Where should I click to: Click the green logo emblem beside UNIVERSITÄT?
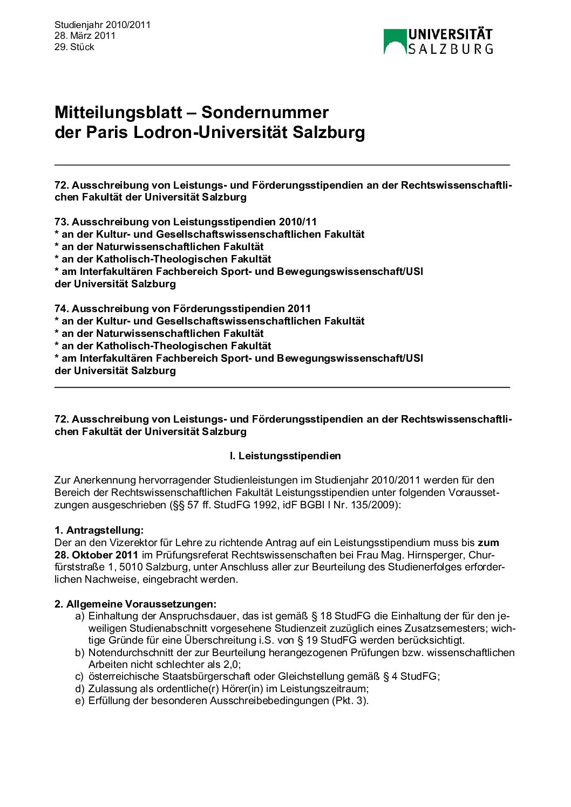(395, 42)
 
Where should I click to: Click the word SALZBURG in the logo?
(450, 49)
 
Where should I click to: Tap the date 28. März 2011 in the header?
(85, 36)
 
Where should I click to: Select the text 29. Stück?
(74, 47)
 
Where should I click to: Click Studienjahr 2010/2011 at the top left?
(102, 25)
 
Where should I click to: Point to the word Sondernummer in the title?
(264, 112)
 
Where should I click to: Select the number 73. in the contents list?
(62, 222)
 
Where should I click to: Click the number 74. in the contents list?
(62, 308)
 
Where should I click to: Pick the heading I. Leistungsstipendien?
(285, 456)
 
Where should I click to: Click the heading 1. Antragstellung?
(99, 530)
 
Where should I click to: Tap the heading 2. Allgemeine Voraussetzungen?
(135, 604)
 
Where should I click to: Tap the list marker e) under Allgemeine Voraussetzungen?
(80, 701)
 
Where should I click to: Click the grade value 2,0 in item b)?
(230, 664)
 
